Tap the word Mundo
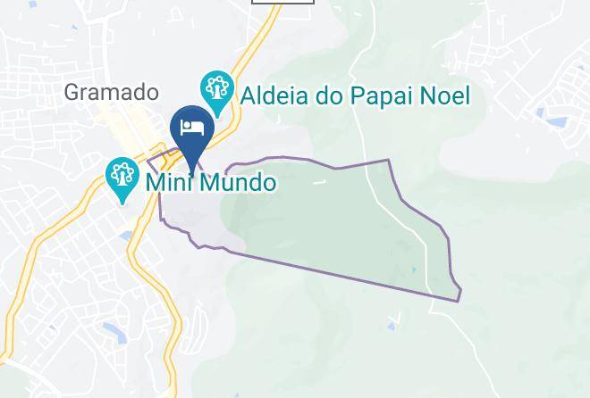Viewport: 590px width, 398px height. [x=237, y=183]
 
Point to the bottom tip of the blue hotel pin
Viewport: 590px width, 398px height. [x=192, y=172]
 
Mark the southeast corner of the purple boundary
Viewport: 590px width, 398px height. [x=459, y=300]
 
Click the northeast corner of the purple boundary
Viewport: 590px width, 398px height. [x=389, y=161]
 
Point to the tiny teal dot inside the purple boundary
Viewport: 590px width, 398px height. [x=413, y=269]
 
